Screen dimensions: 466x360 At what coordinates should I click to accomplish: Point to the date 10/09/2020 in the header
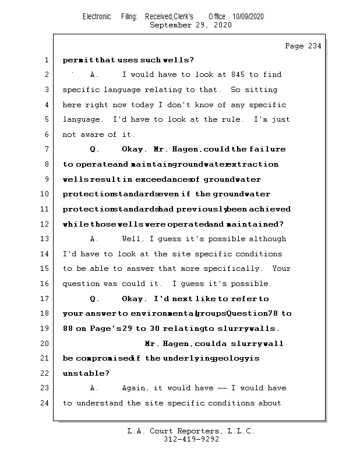pyautogui.click(x=248, y=17)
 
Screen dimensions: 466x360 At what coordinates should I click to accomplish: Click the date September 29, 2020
pyautogui.click(x=190, y=25)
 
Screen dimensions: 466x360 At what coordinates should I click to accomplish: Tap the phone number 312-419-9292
pyautogui.click(x=191, y=439)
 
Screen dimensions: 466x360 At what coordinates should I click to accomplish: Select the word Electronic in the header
pyautogui.click(x=97, y=17)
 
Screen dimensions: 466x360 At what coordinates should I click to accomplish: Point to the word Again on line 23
pyautogui.click(x=133, y=388)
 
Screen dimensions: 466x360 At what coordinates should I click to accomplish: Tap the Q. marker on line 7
pyautogui.click(x=94, y=149)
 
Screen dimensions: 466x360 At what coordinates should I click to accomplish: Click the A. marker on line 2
pyautogui.click(x=94, y=75)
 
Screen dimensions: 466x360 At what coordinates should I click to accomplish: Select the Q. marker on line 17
pyautogui.click(x=94, y=299)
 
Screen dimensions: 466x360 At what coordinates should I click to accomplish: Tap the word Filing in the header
pyautogui.click(x=129, y=17)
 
